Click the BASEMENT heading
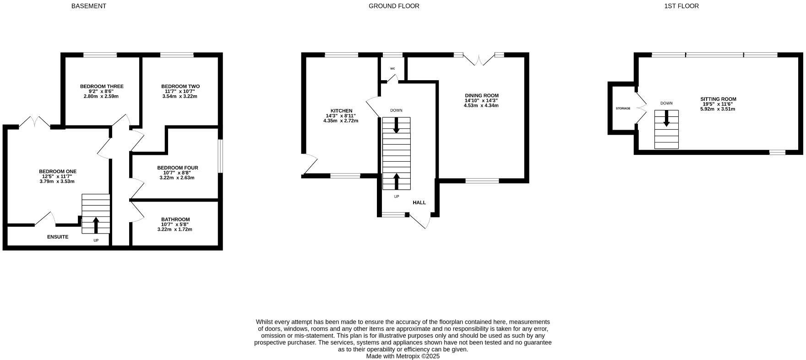coord(88,6)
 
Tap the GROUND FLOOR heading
coord(394,6)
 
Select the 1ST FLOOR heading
coord(681,6)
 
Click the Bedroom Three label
coord(102,86)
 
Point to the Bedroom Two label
coord(180,86)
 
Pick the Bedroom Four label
coord(177,168)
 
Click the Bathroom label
coord(175,219)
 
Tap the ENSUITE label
coord(58,237)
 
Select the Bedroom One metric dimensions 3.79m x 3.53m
coord(57,181)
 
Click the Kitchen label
coord(341,111)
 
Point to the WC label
coord(392,69)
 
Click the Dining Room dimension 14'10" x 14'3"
coord(481,100)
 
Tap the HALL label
coord(419,202)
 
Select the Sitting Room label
coord(718,99)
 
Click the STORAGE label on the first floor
coord(623,109)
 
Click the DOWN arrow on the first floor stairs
coord(666,119)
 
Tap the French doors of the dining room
coord(479,60)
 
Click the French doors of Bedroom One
coord(35,121)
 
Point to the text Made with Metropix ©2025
coord(403,356)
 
